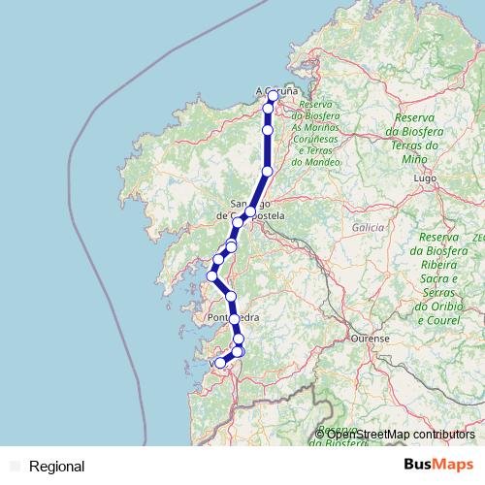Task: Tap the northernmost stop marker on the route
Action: pyautogui.click(x=273, y=95)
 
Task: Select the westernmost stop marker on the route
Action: pyautogui.click(x=211, y=276)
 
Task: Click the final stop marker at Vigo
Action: pyautogui.click(x=221, y=362)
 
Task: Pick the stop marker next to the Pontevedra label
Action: pyautogui.click(x=234, y=318)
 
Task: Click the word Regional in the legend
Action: pyautogui.click(x=57, y=467)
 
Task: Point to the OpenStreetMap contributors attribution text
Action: pyautogui.click(x=401, y=435)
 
